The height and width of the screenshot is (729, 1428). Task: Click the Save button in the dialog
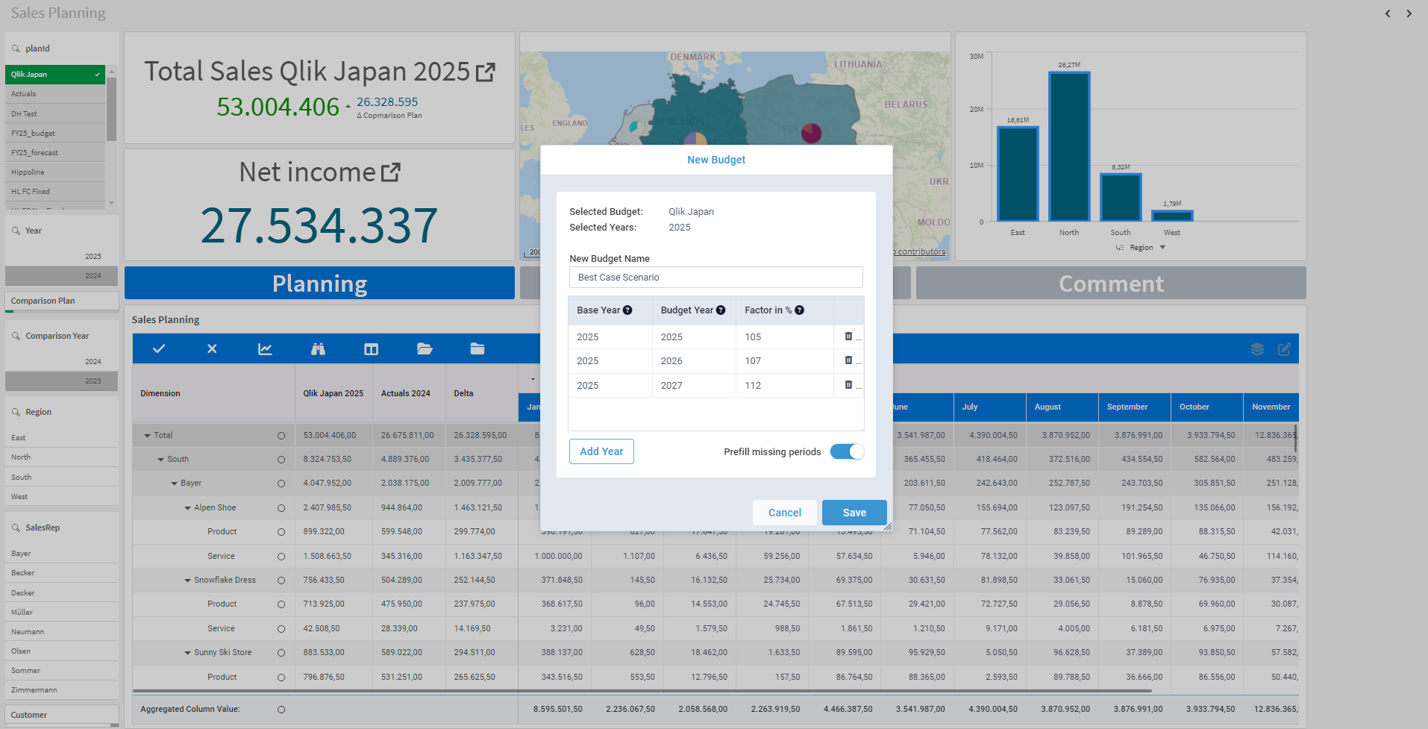click(854, 513)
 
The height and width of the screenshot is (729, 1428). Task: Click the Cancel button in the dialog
click(784, 513)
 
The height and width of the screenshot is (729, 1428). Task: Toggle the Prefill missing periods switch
click(847, 451)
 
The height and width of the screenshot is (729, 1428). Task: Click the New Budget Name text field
click(715, 278)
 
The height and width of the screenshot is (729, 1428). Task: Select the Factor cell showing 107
click(783, 361)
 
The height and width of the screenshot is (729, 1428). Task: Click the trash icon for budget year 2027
click(848, 385)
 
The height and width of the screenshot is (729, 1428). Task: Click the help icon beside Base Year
click(627, 310)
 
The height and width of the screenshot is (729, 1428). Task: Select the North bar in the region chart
click(1068, 147)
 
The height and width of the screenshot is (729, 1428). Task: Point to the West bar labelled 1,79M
click(1171, 216)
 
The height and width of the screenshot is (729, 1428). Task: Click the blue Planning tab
click(319, 284)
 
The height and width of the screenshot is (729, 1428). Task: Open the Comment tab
click(1110, 284)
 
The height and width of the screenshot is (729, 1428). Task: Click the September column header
click(1127, 407)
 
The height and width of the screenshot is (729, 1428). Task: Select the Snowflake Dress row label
click(225, 581)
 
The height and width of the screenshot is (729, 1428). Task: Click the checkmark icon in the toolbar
click(159, 349)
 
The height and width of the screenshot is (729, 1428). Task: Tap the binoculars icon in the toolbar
click(318, 349)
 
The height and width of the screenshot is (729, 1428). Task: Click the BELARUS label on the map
click(906, 104)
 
